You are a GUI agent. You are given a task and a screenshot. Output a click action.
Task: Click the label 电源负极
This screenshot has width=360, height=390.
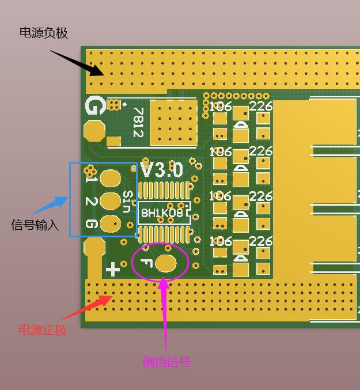point(44,33)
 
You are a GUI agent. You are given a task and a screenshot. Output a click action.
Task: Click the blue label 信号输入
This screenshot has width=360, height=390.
point(35,225)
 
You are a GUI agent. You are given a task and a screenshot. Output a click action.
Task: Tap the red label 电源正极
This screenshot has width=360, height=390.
point(43,330)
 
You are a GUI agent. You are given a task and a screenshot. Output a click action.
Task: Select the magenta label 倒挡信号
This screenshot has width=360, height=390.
point(166,362)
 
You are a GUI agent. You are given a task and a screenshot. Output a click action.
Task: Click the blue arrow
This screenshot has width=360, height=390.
point(50,205)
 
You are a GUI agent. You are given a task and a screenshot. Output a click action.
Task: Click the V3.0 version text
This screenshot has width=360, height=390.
point(162,170)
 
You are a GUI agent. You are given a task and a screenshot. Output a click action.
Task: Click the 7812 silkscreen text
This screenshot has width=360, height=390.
point(138,122)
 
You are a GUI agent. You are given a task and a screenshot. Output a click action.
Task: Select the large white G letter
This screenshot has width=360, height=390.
point(94,106)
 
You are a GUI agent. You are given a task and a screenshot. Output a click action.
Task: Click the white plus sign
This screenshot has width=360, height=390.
point(113,269)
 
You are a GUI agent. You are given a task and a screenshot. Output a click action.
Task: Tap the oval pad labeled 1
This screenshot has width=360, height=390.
point(110,178)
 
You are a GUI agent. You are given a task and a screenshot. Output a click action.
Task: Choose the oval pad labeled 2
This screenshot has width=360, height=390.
point(110,200)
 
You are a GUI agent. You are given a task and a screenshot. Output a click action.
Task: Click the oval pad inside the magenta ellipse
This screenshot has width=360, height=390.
point(166,264)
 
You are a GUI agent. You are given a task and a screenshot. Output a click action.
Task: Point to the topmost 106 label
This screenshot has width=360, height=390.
point(220,107)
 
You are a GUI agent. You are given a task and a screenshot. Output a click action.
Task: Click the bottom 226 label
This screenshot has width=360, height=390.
point(261,241)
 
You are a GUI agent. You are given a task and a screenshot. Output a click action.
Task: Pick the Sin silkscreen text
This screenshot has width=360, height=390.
point(128,201)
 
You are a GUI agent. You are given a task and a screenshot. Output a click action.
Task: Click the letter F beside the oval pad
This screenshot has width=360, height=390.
point(146,264)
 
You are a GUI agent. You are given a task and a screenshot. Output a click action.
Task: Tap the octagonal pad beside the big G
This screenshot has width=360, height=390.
point(94,131)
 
